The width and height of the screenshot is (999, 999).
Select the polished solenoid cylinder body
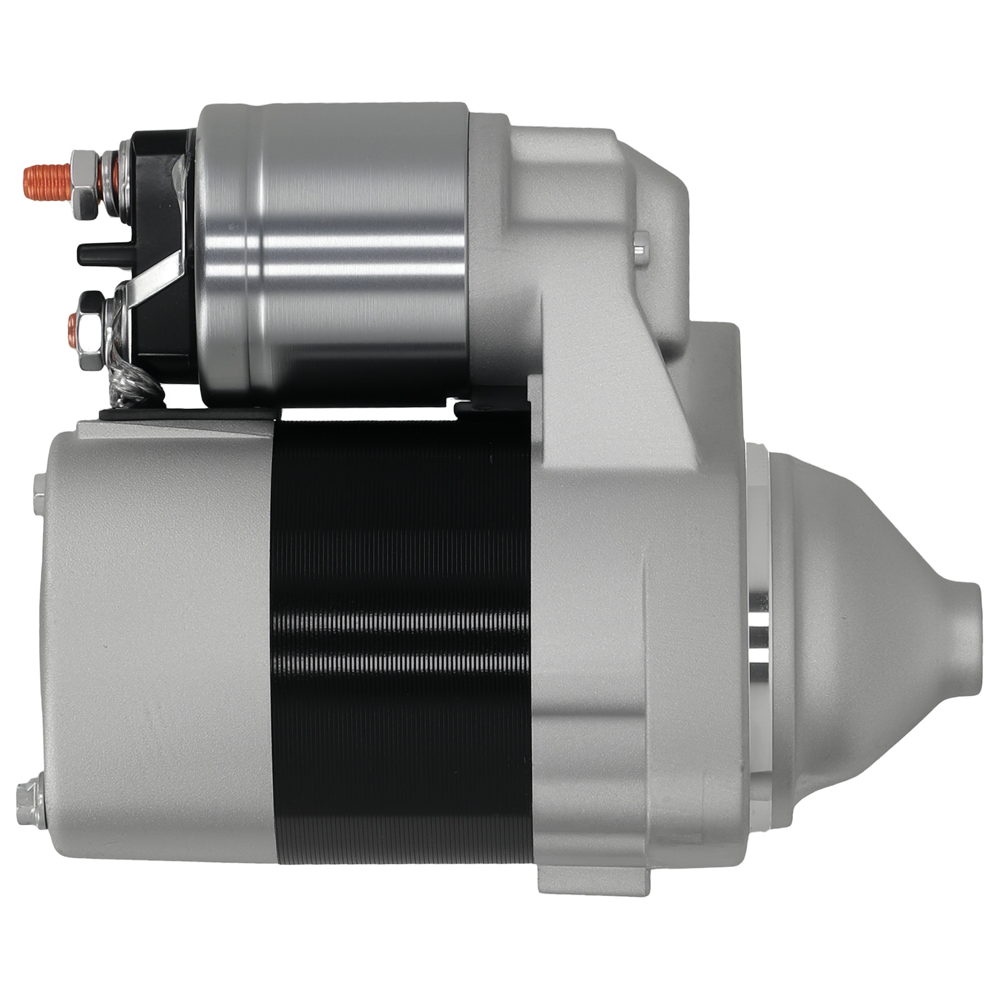pyautogui.click(x=350, y=250)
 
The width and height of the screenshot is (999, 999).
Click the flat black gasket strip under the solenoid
pyautogui.click(x=187, y=413)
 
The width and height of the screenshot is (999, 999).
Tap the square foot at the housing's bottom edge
pyautogui.click(x=556, y=874)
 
